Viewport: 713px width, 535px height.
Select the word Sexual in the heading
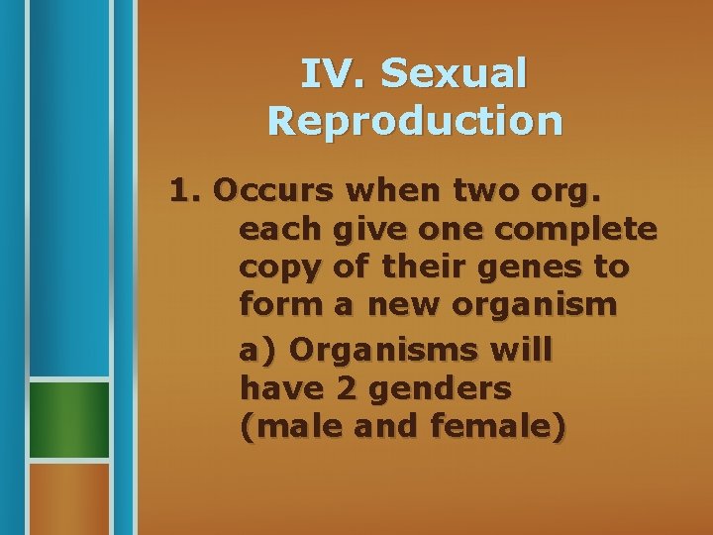click(454, 73)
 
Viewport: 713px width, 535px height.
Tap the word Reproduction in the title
click(415, 120)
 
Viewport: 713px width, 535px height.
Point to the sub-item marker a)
click(257, 350)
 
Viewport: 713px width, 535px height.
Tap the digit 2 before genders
click(347, 389)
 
